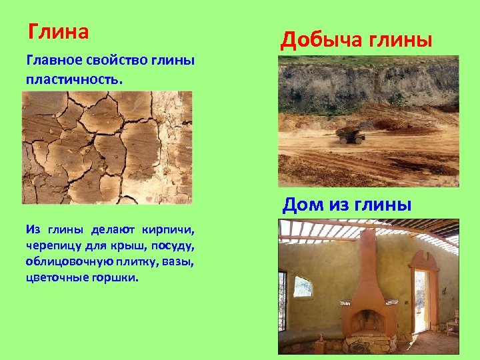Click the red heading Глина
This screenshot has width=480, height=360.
pos(59,31)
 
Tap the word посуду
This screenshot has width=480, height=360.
pos(172,245)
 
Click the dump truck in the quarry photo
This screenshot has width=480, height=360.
pos(351,135)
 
